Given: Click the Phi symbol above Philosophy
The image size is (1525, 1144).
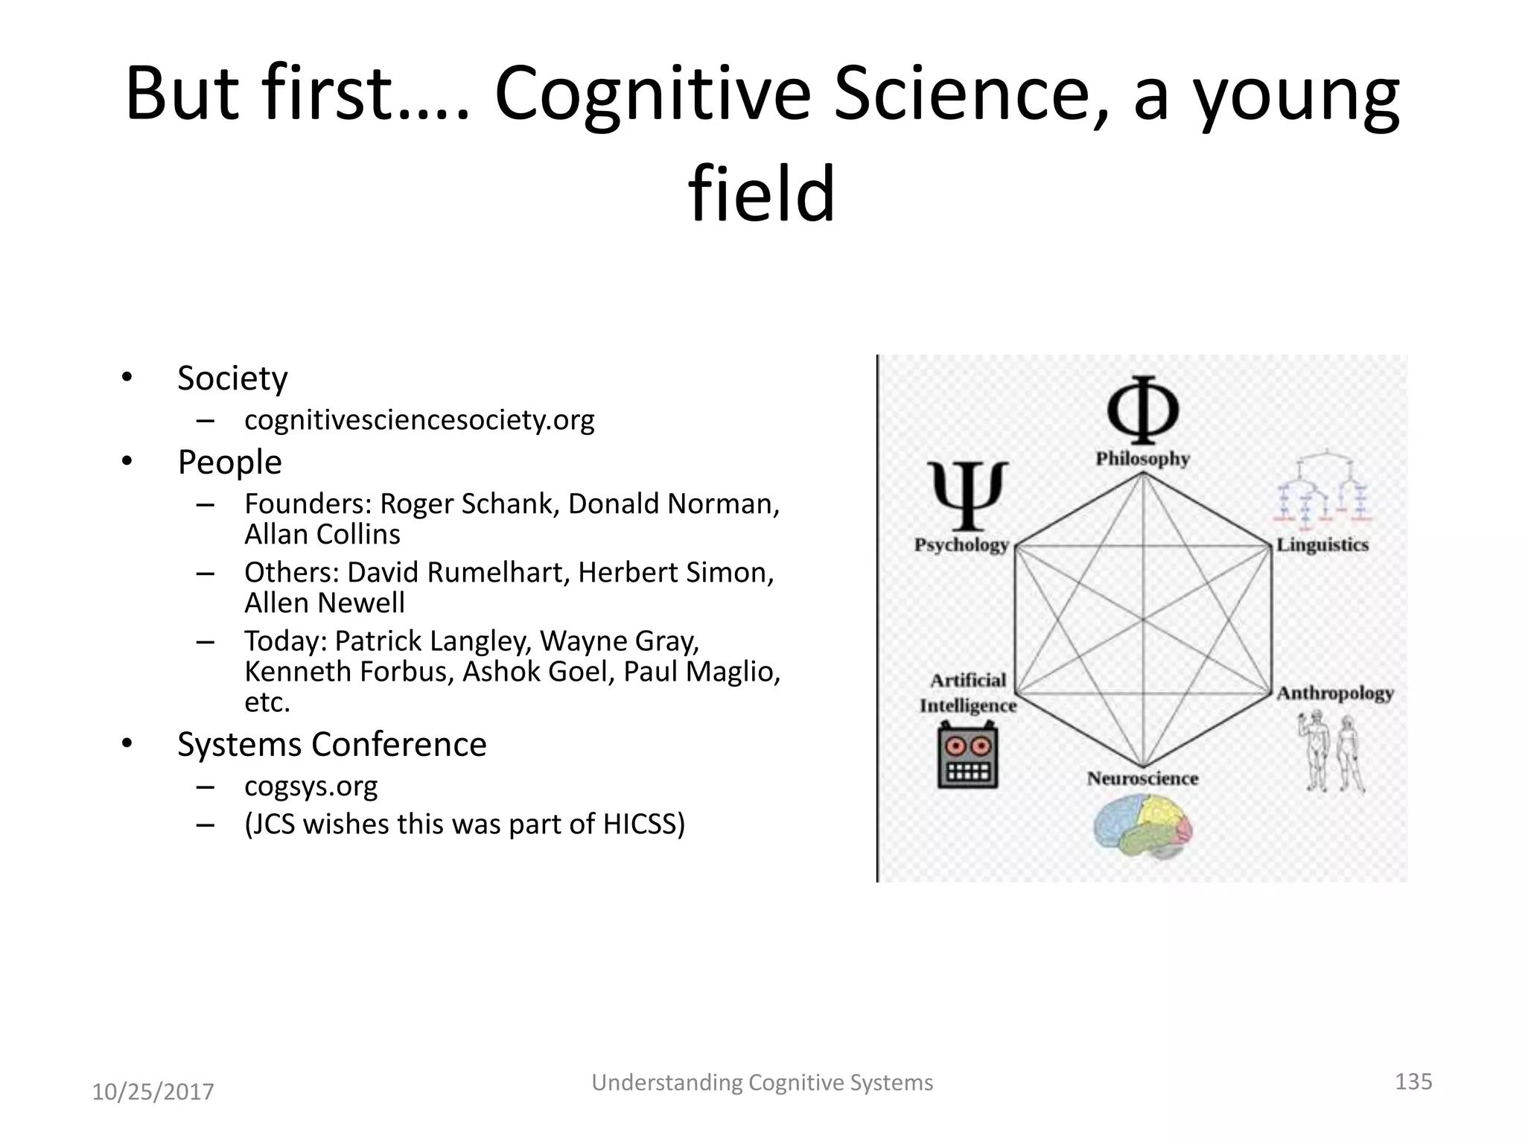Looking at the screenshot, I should (x=1142, y=410).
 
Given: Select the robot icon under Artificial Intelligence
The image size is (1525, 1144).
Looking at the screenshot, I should (x=967, y=758).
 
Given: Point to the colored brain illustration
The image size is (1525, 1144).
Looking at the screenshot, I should (x=1142, y=825).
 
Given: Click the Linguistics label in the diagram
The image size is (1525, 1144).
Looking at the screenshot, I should (x=1322, y=544).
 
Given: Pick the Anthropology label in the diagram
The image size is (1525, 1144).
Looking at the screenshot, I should (x=1335, y=693).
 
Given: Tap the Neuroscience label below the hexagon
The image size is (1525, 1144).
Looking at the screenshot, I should (x=1142, y=778).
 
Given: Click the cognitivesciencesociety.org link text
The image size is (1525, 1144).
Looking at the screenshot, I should (x=419, y=420).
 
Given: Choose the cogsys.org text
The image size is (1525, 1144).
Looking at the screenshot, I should (x=311, y=786).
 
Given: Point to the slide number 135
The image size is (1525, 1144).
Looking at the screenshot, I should (x=1413, y=1081).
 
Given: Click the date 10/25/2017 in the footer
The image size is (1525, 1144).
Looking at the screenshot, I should (x=153, y=1092).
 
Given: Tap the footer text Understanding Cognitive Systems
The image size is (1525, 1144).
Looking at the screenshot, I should (x=762, y=1082).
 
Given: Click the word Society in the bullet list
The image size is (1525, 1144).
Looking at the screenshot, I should (x=232, y=378).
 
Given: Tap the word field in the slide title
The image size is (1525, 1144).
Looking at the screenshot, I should (x=761, y=194).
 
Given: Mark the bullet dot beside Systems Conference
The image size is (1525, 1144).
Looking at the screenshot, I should (x=127, y=743).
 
